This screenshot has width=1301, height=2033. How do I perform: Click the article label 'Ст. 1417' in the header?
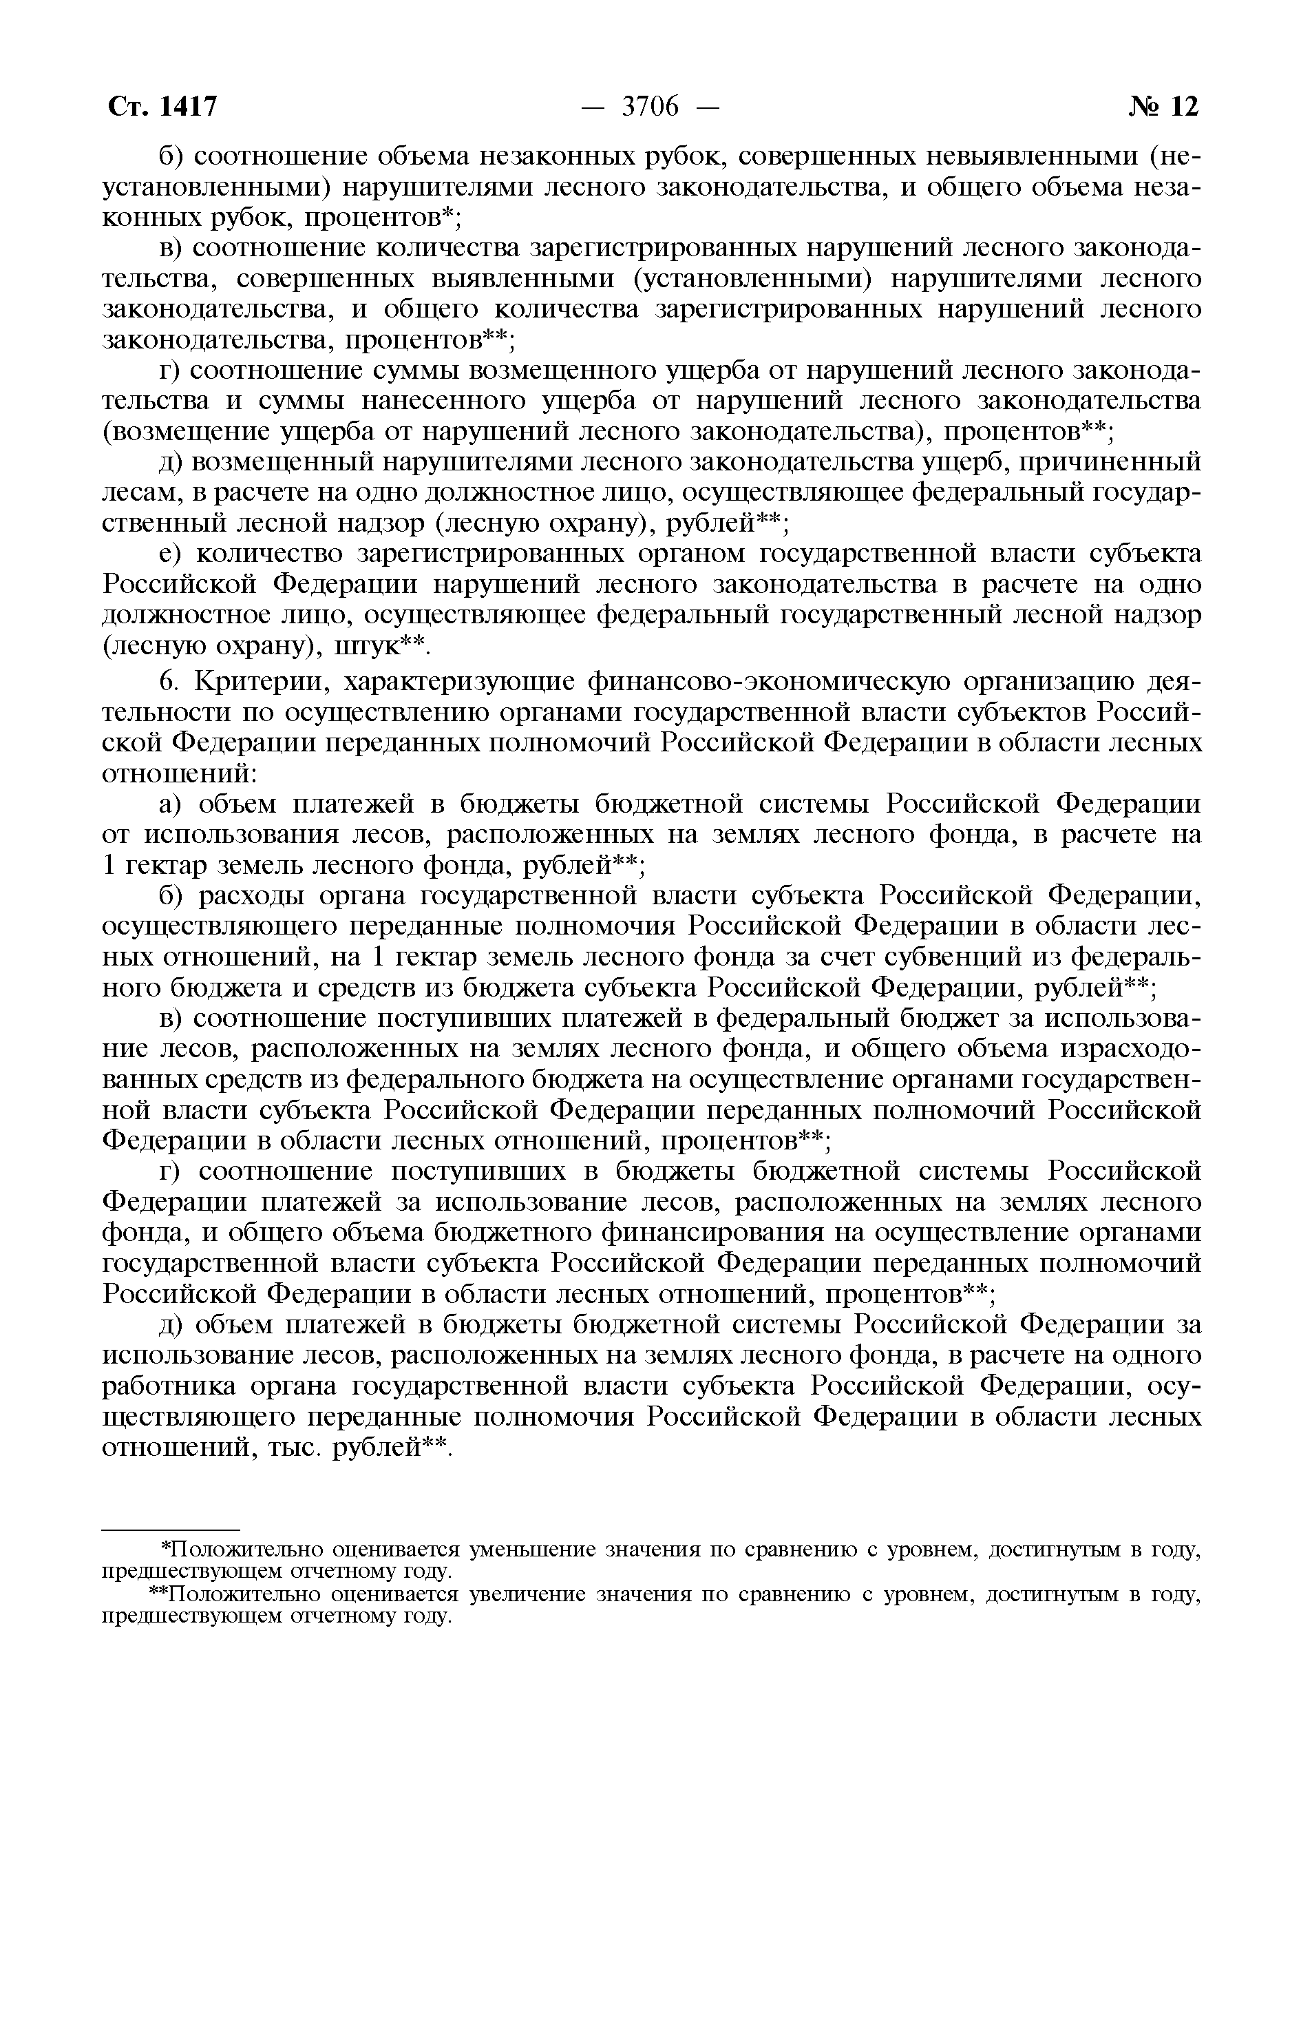(x=163, y=107)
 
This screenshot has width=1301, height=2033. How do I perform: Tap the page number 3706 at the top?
(x=650, y=107)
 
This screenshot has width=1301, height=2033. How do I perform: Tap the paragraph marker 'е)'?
(x=173, y=554)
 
